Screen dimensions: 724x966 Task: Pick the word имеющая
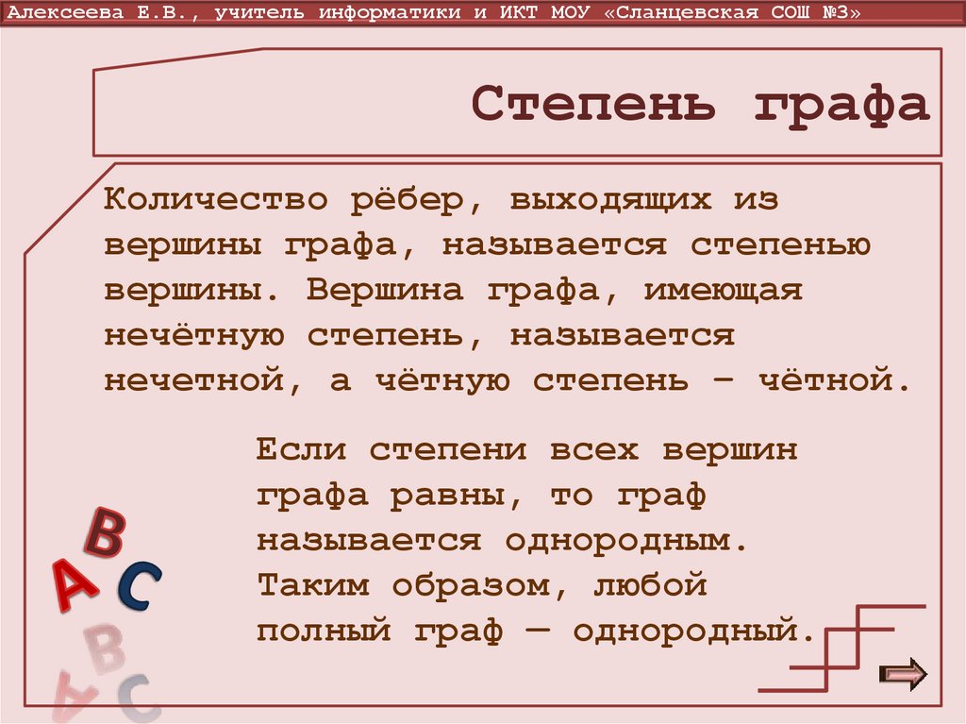point(723,291)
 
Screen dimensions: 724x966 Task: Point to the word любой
point(650,585)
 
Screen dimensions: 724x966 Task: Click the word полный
point(324,630)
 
